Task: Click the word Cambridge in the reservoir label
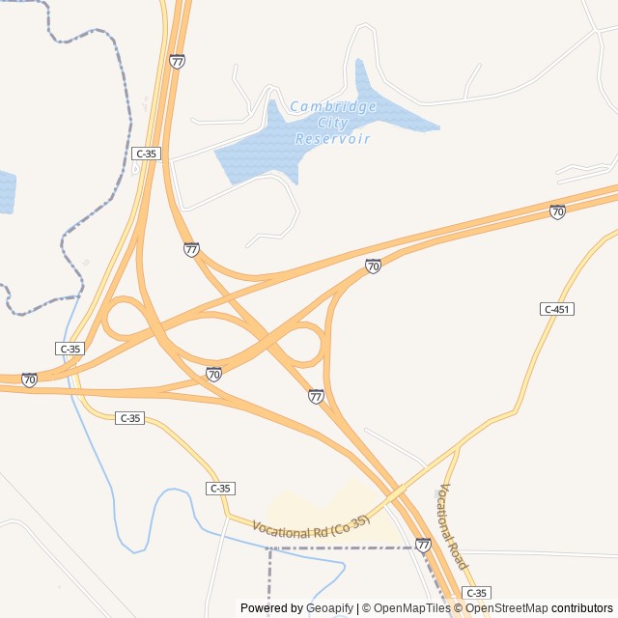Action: (x=333, y=107)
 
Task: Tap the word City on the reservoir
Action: (x=333, y=124)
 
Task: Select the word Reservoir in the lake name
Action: (x=333, y=139)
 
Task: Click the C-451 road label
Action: (x=556, y=309)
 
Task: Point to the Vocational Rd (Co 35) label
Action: (x=311, y=527)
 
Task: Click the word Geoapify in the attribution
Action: (x=329, y=608)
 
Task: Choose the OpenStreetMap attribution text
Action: (x=507, y=608)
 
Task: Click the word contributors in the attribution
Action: (x=582, y=608)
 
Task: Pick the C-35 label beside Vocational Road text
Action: (x=475, y=592)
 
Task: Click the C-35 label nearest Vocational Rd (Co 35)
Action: (x=220, y=489)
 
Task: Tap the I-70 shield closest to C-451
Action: (x=557, y=211)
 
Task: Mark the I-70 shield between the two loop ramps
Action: (x=213, y=374)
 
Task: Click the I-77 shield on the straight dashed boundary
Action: (x=423, y=546)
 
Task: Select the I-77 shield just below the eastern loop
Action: (x=316, y=396)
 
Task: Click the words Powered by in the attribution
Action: (x=270, y=608)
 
